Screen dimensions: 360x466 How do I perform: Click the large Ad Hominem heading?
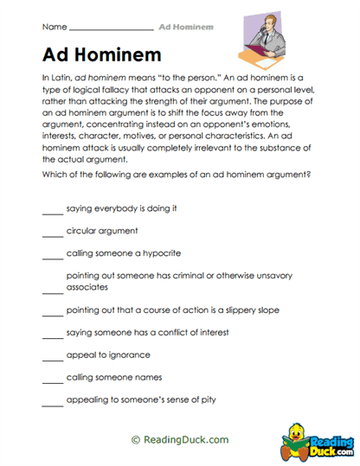coord(101,54)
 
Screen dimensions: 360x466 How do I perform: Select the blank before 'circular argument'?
coord(52,233)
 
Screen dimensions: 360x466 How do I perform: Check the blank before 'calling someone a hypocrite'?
coord(52,255)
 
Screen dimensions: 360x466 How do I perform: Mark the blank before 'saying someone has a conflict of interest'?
coord(52,333)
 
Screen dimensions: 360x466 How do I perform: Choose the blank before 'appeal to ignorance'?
coord(52,355)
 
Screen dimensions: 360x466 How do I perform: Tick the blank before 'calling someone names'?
coord(52,378)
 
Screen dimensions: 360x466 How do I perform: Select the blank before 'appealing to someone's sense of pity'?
coord(52,400)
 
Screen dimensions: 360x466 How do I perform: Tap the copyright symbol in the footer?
coord(135,439)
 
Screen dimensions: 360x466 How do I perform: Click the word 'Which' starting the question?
coord(54,174)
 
